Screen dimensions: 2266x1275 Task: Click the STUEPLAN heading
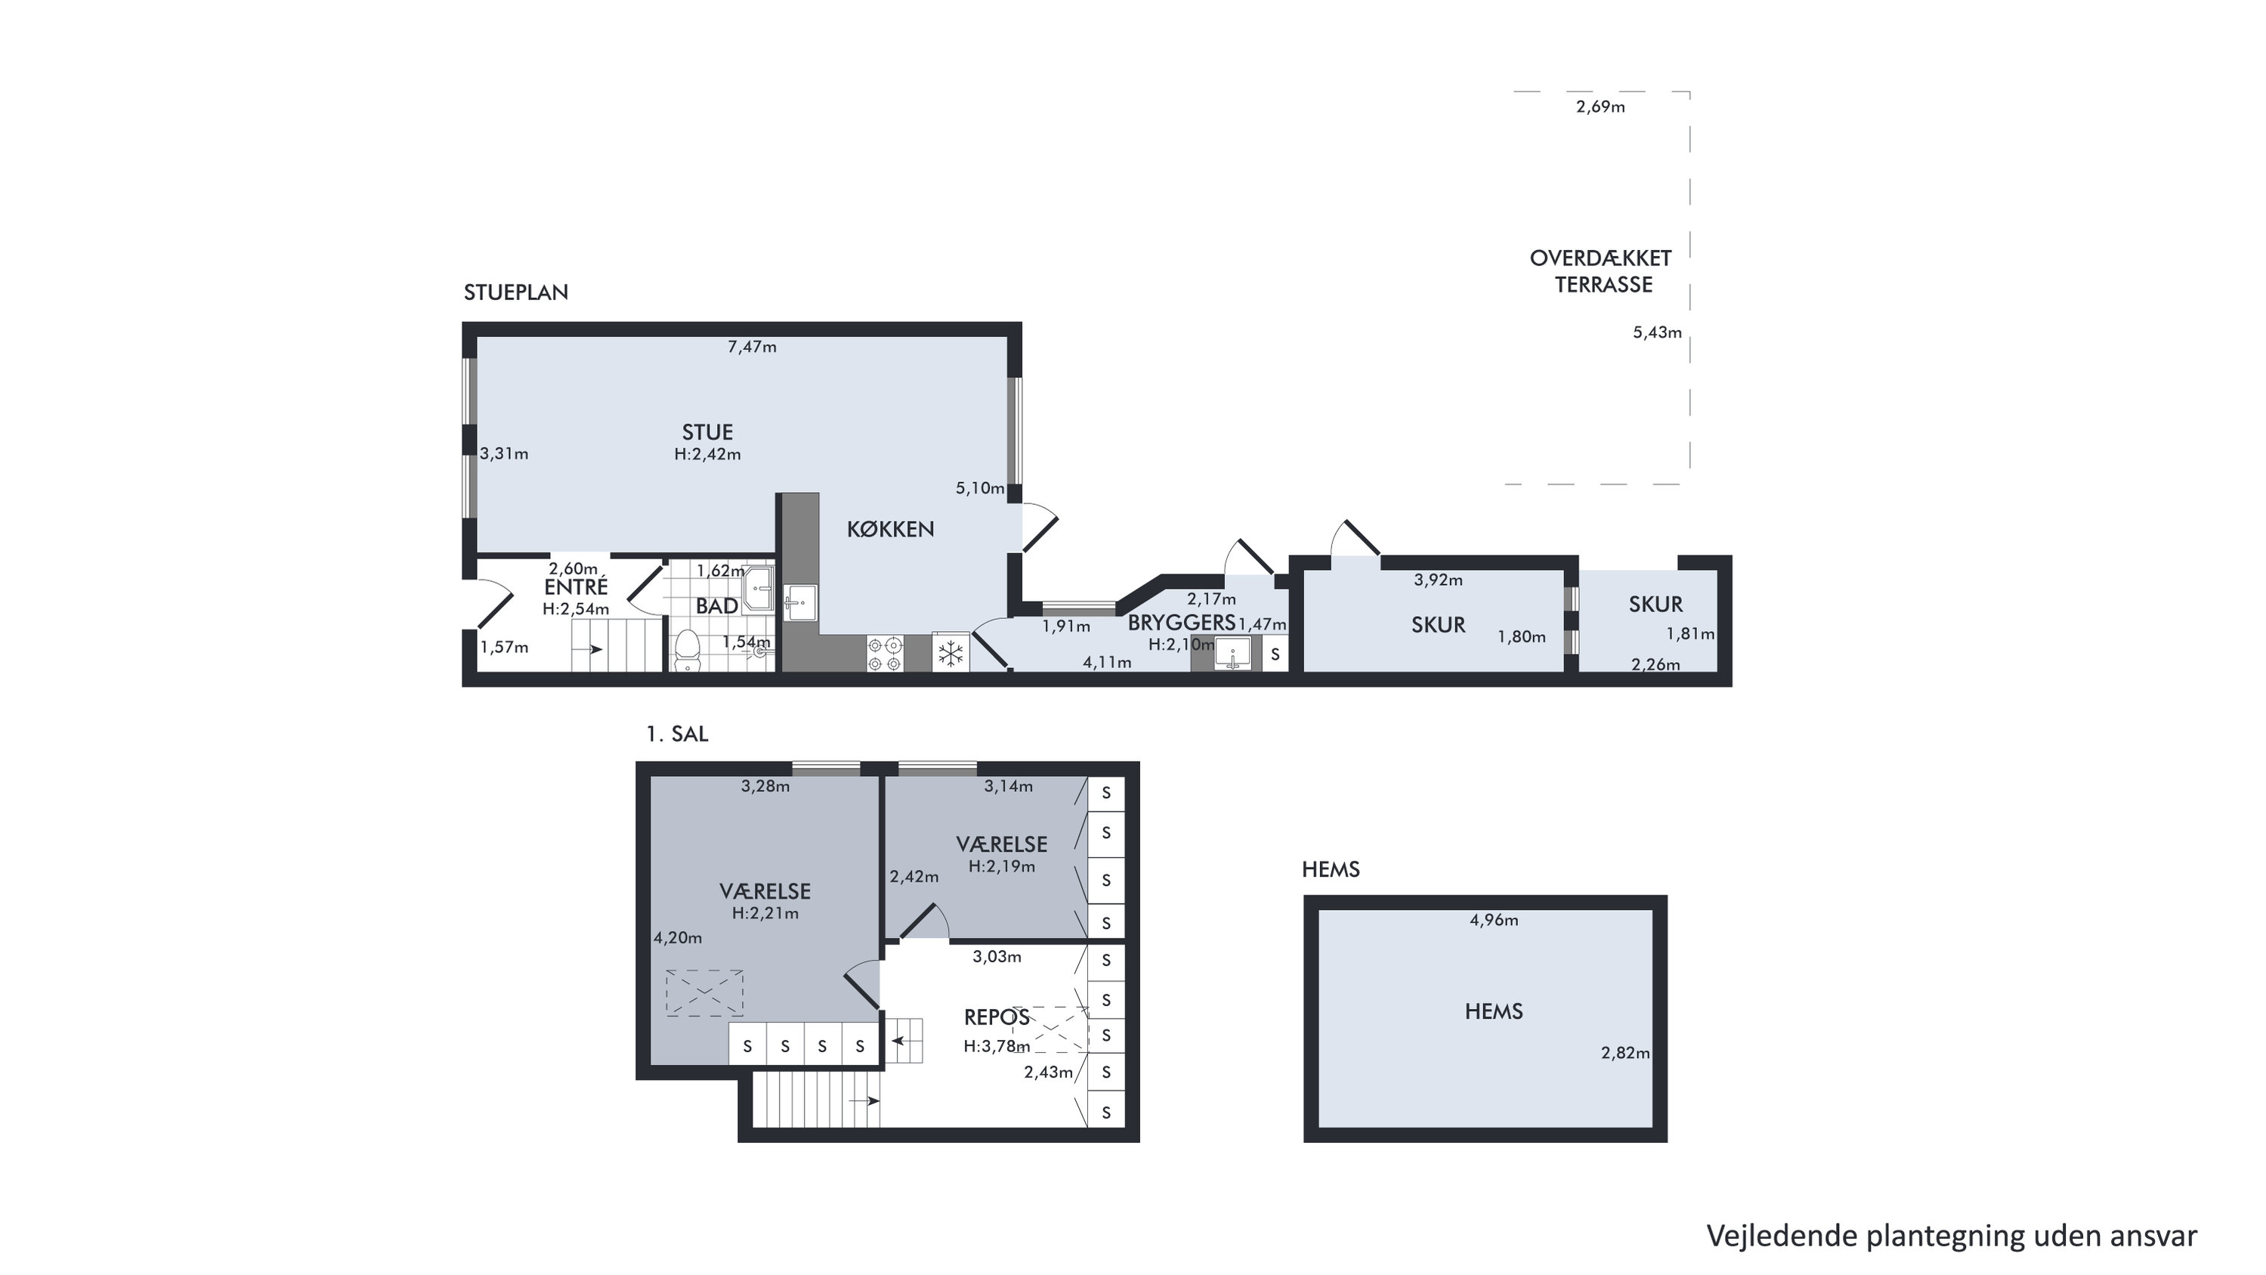(515, 292)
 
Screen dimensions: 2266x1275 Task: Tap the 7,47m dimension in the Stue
(752, 347)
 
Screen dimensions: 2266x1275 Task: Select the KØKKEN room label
(890, 529)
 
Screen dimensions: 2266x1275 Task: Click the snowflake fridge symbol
(951, 653)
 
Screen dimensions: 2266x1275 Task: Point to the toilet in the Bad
(686, 651)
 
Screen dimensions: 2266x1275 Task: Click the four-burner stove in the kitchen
(885, 653)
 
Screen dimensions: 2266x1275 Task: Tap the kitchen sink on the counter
(800, 603)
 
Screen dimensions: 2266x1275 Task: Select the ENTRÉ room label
(577, 587)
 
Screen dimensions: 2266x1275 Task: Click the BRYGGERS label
(1182, 622)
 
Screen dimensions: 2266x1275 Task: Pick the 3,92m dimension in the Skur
(1438, 580)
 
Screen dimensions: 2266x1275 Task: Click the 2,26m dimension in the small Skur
(1655, 664)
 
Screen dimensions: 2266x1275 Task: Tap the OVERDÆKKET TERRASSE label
(1601, 271)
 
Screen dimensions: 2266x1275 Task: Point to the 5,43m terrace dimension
(1657, 333)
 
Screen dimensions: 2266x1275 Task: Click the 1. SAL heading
(677, 734)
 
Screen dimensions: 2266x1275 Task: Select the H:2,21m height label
(765, 913)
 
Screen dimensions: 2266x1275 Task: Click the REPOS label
(997, 1017)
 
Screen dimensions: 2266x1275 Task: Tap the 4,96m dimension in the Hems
(1494, 921)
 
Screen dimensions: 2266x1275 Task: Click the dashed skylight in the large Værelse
(705, 993)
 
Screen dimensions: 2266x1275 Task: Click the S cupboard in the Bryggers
(1275, 655)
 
